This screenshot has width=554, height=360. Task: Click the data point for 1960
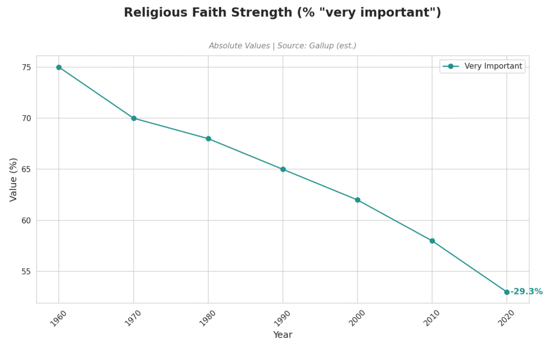pyautogui.click(x=59, y=68)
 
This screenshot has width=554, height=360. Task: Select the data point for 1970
pyautogui.click(x=134, y=118)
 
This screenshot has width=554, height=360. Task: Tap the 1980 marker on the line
pyautogui.click(x=208, y=139)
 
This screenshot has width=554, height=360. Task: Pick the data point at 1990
pyautogui.click(x=283, y=169)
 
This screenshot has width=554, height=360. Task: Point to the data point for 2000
pyautogui.click(x=358, y=200)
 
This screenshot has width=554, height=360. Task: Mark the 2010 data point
pyautogui.click(x=432, y=241)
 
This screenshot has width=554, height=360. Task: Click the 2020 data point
pyautogui.click(x=507, y=292)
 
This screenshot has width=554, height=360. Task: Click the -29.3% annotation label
pyautogui.click(x=526, y=292)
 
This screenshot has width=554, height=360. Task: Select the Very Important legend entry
pyautogui.click(x=493, y=66)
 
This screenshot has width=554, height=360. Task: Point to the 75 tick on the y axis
pyautogui.click(x=25, y=68)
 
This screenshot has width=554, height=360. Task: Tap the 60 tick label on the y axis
pyautogui.click(x=25, y=221)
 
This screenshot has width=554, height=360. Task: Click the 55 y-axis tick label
pyautogui.click(x=25, y=271)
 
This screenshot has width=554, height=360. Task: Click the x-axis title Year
pyautogui.click(x=282, y=335)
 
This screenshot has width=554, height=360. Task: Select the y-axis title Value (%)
pyautogui.click(x=14, y=179)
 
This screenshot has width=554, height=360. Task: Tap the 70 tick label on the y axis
pyautogui.click(x=25, y=118)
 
